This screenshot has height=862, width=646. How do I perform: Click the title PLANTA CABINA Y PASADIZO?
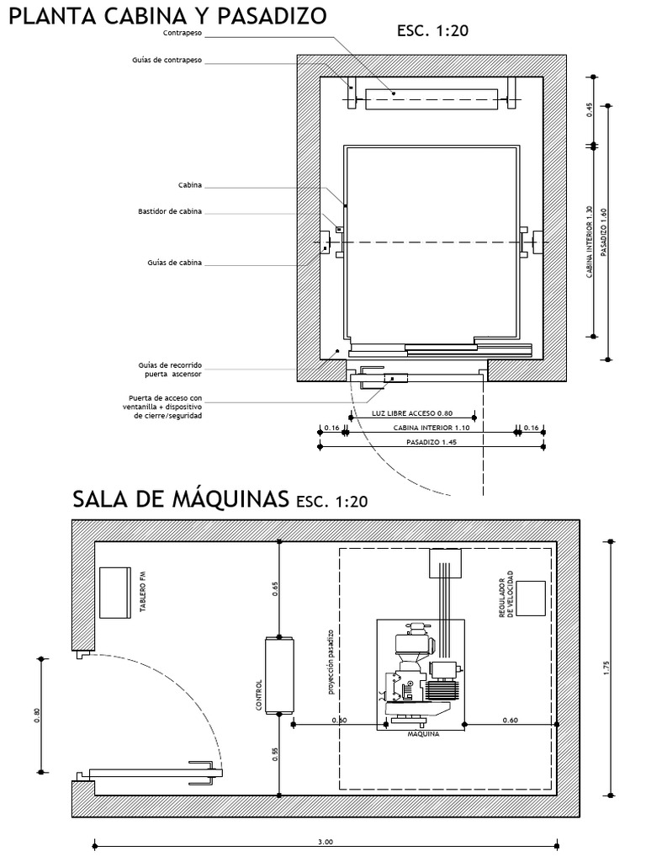(x=166, y=17)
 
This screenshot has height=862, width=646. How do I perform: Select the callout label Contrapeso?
(x=182, y=34)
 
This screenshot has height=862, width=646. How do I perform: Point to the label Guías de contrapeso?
(x=167, y=61)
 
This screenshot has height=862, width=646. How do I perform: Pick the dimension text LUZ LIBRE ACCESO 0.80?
(x=412, y=413)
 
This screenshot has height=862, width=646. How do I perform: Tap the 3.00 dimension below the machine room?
(x=326, y=842)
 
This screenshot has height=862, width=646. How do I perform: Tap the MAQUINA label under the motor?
(x=418, y=732)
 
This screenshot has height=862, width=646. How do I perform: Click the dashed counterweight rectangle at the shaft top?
(x=432, y=99)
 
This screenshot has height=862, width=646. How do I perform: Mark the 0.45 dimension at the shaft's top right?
(x=590, y=110)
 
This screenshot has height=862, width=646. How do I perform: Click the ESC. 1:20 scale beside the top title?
(x=432, y=31)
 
